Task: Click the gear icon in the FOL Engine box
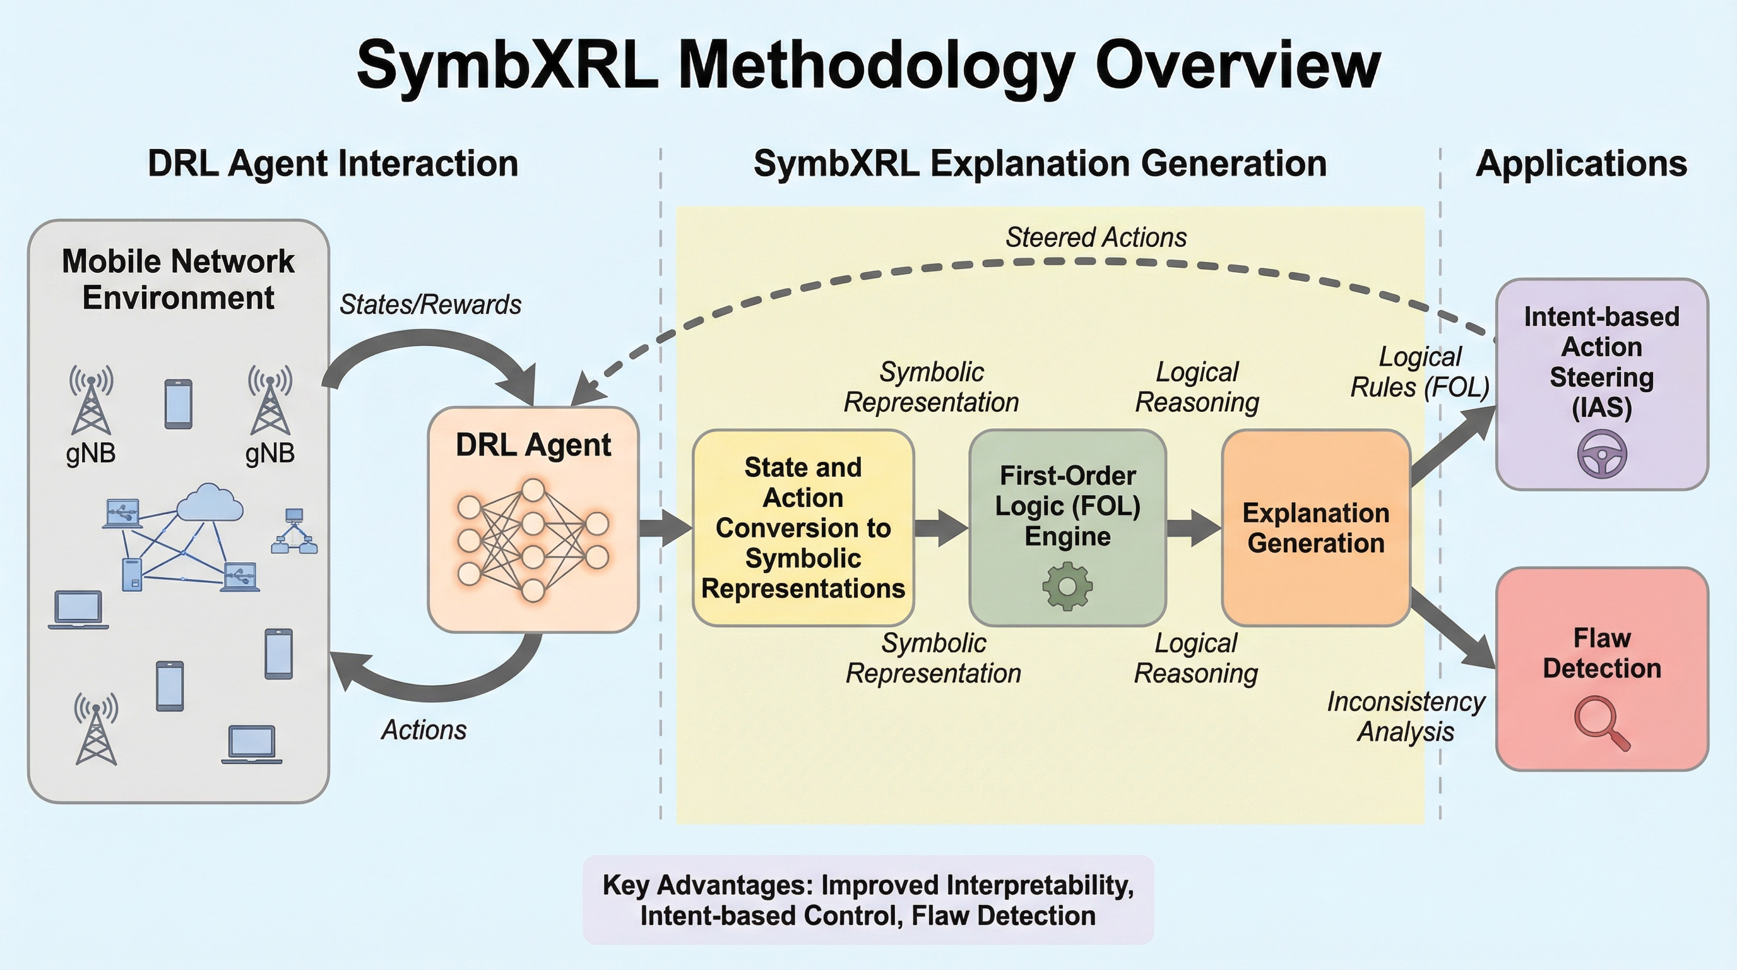click(1067, 587)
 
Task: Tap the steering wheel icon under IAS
click(1601, 454)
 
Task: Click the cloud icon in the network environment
click(209, 503)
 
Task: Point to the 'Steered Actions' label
click(1096, 237)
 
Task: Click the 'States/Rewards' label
click(430, 305)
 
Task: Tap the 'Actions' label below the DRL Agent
click(424, 730)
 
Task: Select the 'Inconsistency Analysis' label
click(1406, 716)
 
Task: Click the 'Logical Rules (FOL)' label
click(1420, 372)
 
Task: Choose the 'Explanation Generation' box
click(1315, 528)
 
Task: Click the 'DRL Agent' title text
click(533, 445)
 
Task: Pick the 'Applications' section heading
click(1581, 164)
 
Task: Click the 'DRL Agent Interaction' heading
click(333, 164)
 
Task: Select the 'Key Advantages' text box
click(868, 900)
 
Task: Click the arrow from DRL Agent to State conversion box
click(665, 527)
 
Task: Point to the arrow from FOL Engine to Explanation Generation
click(1194, 527)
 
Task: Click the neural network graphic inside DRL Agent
click(533, 540)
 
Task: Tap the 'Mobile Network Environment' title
click(178, 279)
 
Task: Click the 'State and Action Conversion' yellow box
click(802, 528)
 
